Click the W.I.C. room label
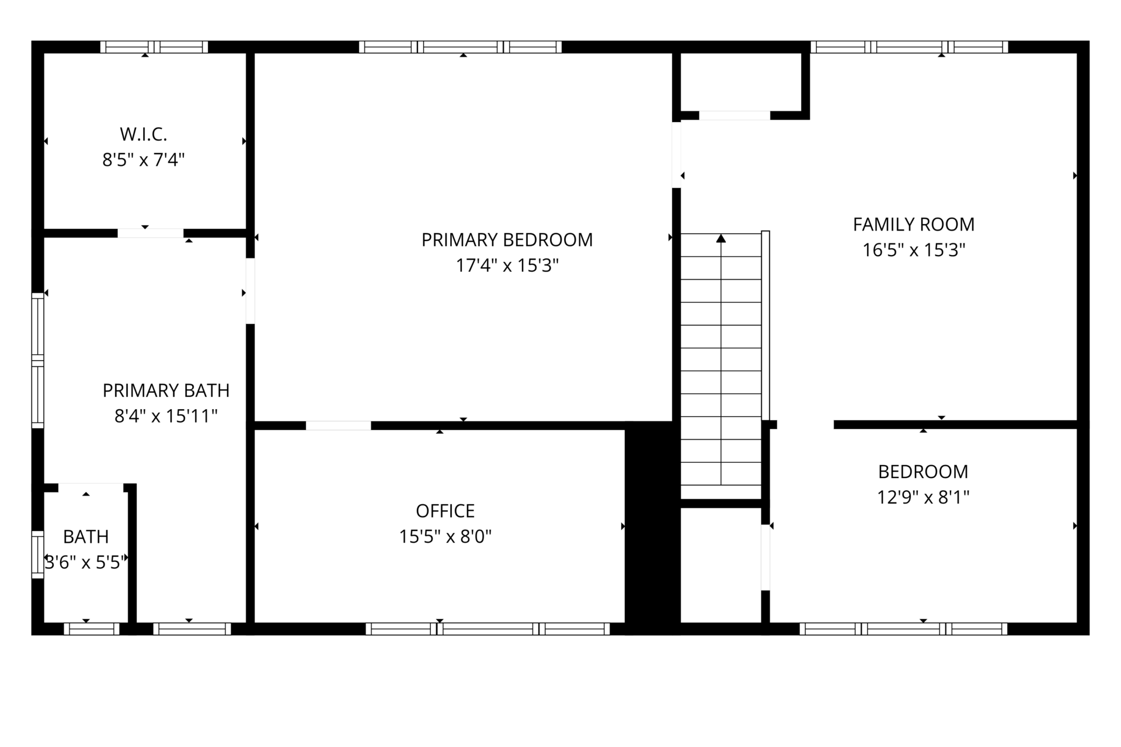coord(144,134)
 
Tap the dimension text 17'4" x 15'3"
coord(507,266)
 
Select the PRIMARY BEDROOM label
coord(507,240)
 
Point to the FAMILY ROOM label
coord(914,224)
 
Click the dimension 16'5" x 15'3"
coord(914,250)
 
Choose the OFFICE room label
coord(445,511)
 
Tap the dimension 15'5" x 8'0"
coord(445,536)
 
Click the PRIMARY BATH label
coord(166,390)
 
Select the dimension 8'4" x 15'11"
coord(166,416)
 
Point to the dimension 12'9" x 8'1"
coord(923,497)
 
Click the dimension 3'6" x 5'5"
coord(86,562)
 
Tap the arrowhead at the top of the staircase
coord(721,238)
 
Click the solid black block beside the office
coord(652,528)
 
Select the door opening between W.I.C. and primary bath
coord(151,233)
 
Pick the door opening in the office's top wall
coord(339,425)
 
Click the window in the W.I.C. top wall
coord(154,47)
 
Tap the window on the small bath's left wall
coord(37,554)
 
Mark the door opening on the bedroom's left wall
coord(765,557)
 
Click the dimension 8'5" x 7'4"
coord(144,160)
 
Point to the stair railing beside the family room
coord(766,326)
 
